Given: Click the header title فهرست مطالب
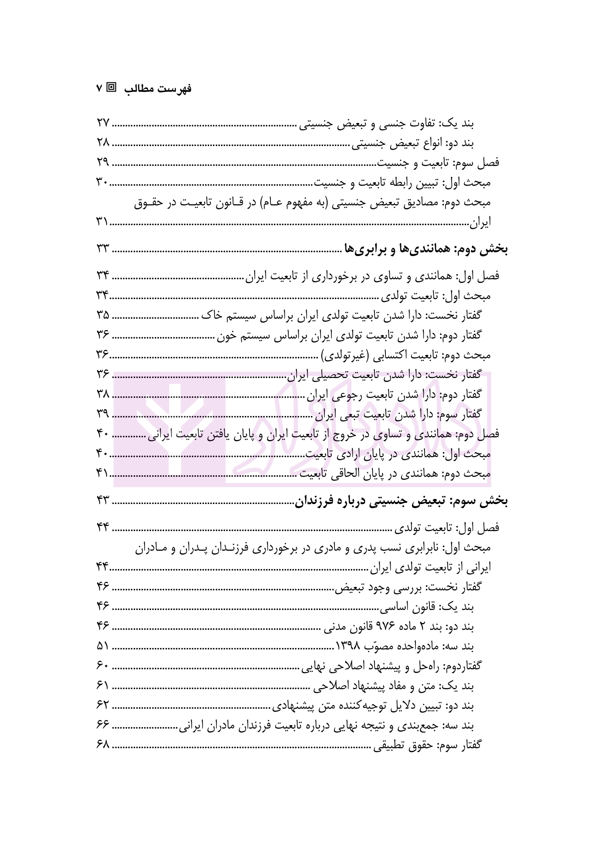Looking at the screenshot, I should point(158,89).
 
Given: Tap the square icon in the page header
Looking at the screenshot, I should point(112,88).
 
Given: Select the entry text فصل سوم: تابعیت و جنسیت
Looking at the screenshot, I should point(438,163).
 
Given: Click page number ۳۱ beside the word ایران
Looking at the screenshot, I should point(102,222).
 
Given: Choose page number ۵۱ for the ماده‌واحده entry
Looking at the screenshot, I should point(103,646).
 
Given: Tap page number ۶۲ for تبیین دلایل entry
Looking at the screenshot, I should point(103,705).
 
